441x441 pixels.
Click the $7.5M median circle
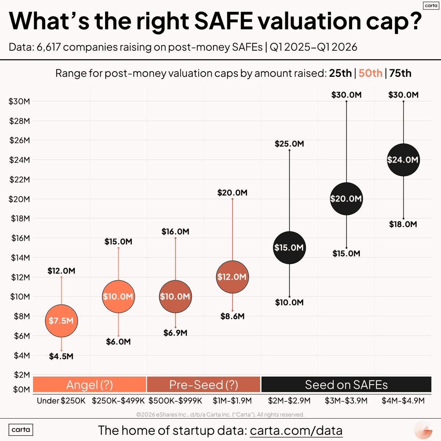click(61, 321)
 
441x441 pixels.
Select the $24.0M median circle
click(403, 160)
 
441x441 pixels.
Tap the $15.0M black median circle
click(289, 248)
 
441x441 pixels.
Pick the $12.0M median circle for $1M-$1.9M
click(232, 277)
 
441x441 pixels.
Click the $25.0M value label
click(289, 144)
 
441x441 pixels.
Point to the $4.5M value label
click(61, 356)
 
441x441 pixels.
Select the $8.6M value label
click(232, 316)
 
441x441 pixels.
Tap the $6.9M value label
click(175, 333)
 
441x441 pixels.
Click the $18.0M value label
click(403, 224)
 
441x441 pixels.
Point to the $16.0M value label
click(175, 232)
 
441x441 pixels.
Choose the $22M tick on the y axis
click(19, 179)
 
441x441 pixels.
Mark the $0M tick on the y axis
click(21, 390)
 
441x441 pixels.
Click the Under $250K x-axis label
click(61, 401)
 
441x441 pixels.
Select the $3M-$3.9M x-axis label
click(346, 401)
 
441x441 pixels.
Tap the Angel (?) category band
click(90, 385)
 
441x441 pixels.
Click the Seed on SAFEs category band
click(346, 385)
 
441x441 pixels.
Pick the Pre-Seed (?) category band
click(204, 385)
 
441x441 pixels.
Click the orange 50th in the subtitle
click(370, 73)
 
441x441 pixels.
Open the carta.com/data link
click(296, 430)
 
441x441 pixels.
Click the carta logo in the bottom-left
click(21, 430)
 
